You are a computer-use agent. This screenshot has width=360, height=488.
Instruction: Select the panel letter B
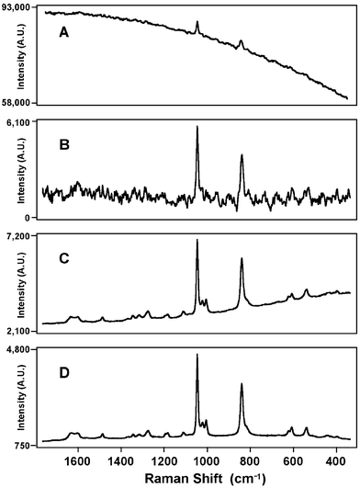click(x=63, y=145)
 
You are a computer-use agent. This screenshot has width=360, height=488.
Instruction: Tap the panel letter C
click(x=63, y=258)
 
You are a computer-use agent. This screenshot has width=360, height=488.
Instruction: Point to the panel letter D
click(x=63, y=371)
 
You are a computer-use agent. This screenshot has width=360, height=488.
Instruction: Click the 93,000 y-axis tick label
click(x=18, y=7)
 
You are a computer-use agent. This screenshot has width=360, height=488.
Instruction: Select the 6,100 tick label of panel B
click(x=21, y=121)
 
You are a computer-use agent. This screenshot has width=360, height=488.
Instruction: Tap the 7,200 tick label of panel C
click(x=21, y=236)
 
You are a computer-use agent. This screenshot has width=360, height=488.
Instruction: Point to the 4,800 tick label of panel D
click(x=21, y=350)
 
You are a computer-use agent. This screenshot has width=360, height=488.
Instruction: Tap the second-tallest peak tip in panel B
click(x=242, y=154)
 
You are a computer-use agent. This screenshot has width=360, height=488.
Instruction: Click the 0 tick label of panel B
click(x=31, y=217)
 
